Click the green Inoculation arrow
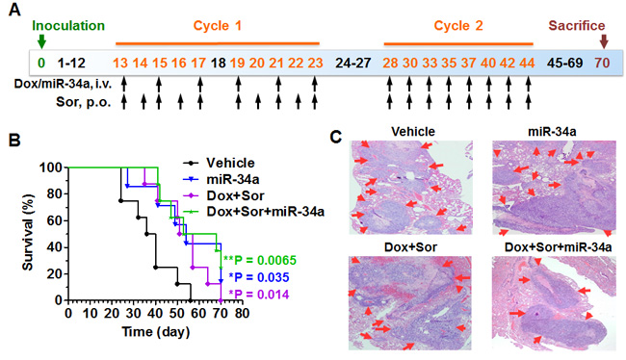pyautogui.click(x=41, y=41)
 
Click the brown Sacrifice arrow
pyautogui.click(x=604, y=41)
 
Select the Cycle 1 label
pyautogui.click(x=218, y=26)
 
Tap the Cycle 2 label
pyautogui.click(x=458, y=26)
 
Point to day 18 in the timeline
pyautogui.click(x=218, y=63)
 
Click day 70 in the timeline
pyautogui.click(x=602, y=63)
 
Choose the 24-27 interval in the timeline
pyautogui.click(x=353, y=63)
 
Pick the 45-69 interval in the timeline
pyautogui.click(x=564, y=63)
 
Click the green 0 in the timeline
pyautogui.click(x=41, y=63)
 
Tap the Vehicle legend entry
pyautogui.click(x=219, y=163)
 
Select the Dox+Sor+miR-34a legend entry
pyautogui.click(x=253, y=212)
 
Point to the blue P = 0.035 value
pyautogui.click(x=259, y=277)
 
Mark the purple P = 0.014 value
pyautogui.click(x=259, y=295)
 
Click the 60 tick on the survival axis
pyautogui.click(x=55, y=220)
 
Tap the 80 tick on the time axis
pyautogui.click(x=242, y=313)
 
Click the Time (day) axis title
pyautogui.click(x=156, y=332)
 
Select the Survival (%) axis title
pyautogui.click(x=28, y=232)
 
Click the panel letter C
pyautogui.click(x=336, y=137)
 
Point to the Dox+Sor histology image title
pyautogui.click(x=410, y=247)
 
